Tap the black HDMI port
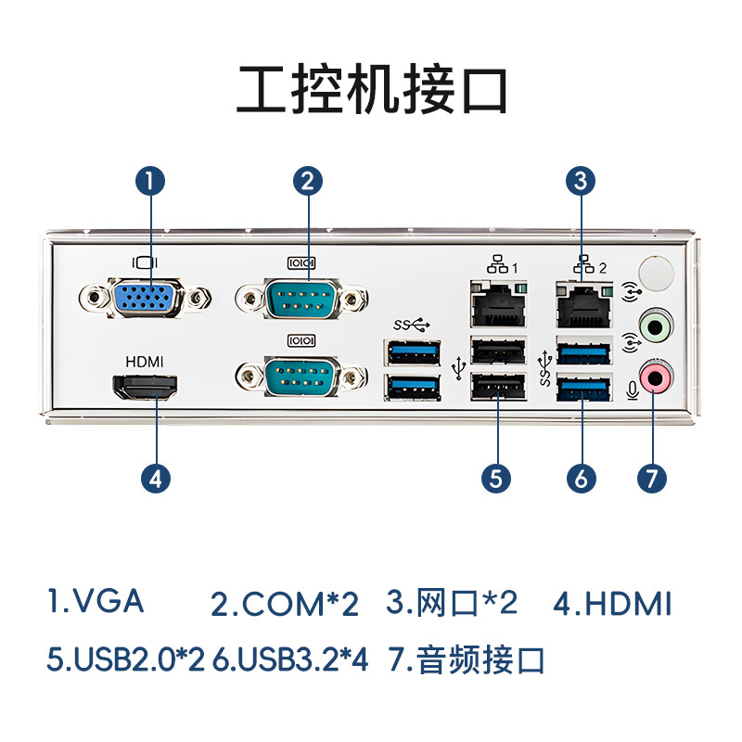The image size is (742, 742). pos(146,389)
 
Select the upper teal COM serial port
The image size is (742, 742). pos(301,300)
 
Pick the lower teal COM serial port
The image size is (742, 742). pos(301,377)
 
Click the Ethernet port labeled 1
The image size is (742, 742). pos(498,301)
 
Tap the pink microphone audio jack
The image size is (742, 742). pos(657,377)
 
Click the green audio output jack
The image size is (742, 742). pos(657,326)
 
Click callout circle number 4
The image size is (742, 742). pos(156,478)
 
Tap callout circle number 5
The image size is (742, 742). pos(497,478)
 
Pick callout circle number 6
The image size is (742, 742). pos(581,478)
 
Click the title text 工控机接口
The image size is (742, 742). pos(371,90)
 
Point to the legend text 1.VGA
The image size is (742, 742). pos(96,601)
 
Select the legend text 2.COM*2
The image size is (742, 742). pos(284,605)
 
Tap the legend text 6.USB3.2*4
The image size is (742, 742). pos(291,660)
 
